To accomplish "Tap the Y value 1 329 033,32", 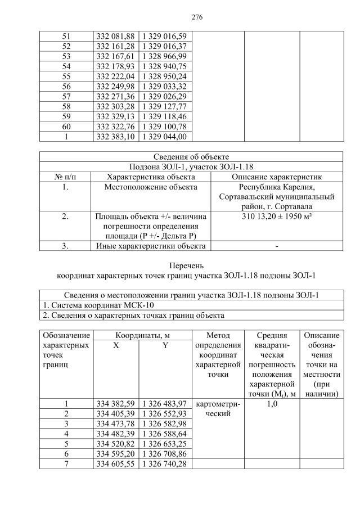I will click(x=165, y=86).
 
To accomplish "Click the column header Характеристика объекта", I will click(x=151, y=177).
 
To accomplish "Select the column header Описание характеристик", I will click(x=277, y=177).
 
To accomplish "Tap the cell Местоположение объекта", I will click(x=151, y=187).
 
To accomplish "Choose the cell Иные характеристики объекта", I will click(x=151, y=246).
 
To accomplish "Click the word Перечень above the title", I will click(x=191, y=265).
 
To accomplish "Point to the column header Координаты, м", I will click(x=143, y=335).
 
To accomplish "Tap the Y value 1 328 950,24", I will click(x=165, y=76).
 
